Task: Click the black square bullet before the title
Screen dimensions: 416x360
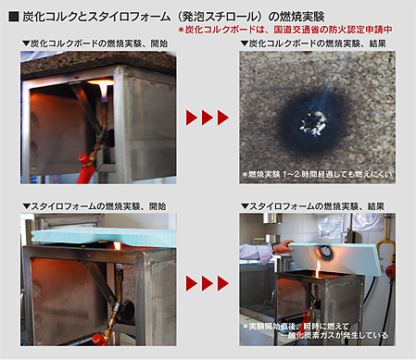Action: pyautogui.click(x=14, y=17)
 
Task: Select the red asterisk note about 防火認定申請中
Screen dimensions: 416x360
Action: pyautogui.click(x=285, y=30)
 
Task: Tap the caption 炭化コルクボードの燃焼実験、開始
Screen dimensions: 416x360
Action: pyautogui.click(x=95, y=43)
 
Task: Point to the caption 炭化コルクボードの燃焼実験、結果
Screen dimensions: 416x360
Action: pyautogui.click(x=313, y=43)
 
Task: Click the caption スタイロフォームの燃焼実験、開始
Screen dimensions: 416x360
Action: pyautogui.click(x=95, y=206)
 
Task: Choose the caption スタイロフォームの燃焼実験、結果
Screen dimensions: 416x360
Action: pyautogui.click(x=312, y=206)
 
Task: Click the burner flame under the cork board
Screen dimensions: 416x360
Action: pyautogui.click(x=103, y=87)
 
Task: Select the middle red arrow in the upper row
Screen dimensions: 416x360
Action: pyautogui.click(x=208, y=118)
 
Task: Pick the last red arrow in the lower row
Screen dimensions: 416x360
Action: pyautogui.click(x=223, y=283)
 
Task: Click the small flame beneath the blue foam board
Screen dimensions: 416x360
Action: pyautogui.click(x=117, y=246)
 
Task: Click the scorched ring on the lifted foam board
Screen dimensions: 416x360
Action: pyautogui.click(x=324, y=252)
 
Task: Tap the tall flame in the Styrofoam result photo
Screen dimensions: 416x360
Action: pyautogui.click(x=317, y=269)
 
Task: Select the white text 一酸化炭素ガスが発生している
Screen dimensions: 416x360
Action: pyautogui.click(x=335, y=335)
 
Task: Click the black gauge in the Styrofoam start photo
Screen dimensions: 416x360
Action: pyautogui.click(x=127, y=313)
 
